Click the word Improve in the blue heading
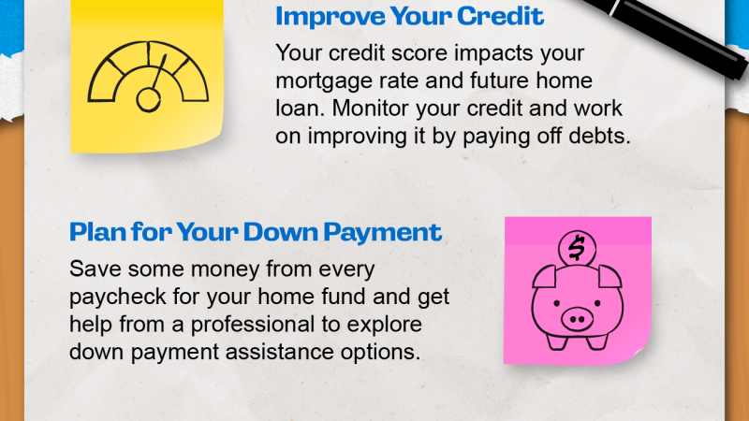click(x=330, y=17)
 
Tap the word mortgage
click(x=324, y=81)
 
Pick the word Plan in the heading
click(x=98, y=232)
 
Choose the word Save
click(x=95, y=269)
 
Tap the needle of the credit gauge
click(x=158, y=73)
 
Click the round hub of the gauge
click(x=148, y=100)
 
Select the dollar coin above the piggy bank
click(x=577, y=248)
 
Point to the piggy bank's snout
click(x=577, y=319)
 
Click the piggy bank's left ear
click(x=545, y=276)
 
